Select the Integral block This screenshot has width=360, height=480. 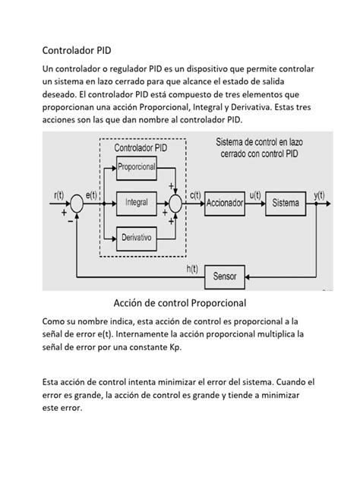(x=137, y=203)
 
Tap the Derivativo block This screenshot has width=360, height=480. (x=137, y=238)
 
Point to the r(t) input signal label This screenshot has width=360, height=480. (x=60, y=195)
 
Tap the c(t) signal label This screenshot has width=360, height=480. (x=194, y=195)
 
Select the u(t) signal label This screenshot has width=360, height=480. (x=255, y=195)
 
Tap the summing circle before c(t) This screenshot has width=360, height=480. (x=175, y=204)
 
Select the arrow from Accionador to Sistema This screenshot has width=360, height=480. (x=256, y=204)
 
